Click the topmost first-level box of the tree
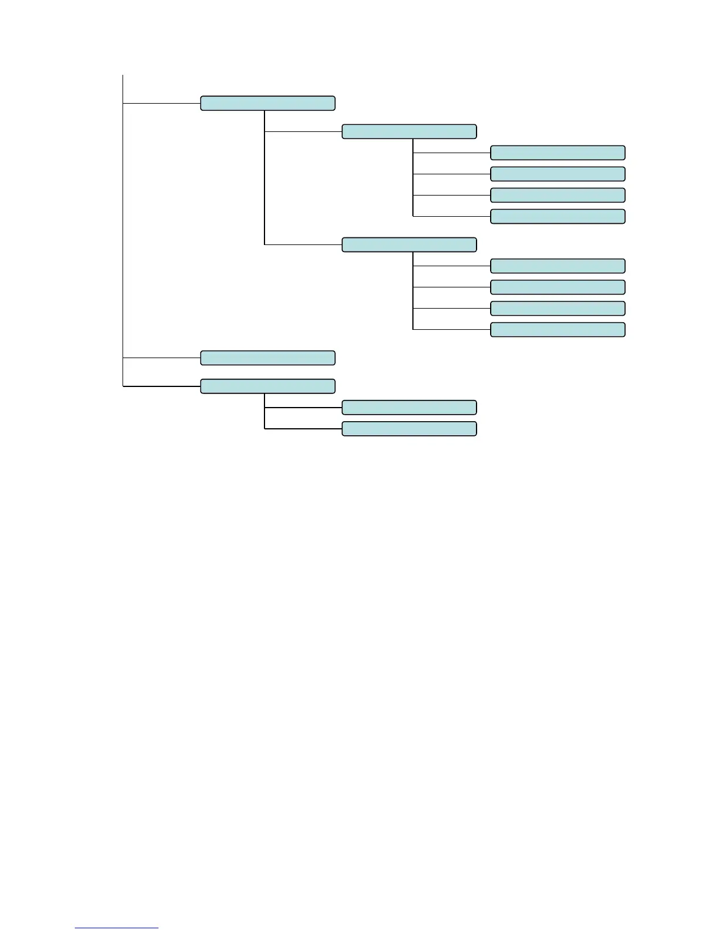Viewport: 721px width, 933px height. tap(267, 103)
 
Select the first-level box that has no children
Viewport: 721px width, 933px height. tap(267, 358)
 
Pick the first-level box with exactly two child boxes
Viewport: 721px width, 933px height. tap(267, 386)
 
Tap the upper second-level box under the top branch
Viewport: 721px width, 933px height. tap(409, 131)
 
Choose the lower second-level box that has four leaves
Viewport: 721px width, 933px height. tap(409, 244)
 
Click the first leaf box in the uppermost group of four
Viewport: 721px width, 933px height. tap(557, 153)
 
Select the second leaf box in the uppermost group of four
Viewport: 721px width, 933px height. tap(557, 174)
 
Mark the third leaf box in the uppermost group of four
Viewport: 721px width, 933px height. tap(557, 195)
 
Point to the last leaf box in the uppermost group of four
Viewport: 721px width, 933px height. tap(557, 216)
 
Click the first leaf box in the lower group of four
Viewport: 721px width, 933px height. tap(557, 266)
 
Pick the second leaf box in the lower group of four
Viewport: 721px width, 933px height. tap(557, 287)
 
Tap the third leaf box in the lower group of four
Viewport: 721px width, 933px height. tap(557, 308)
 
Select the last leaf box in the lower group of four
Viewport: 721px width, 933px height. tap(557, 329)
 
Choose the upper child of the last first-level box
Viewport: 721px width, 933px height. tap(409, 407)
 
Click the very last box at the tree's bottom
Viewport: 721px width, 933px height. tap(409, 428)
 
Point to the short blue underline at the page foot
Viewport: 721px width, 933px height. tap(117, 928)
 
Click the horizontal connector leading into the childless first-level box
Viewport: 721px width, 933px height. tap(162, 358)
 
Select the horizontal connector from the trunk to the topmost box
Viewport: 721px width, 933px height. tap(162, 103)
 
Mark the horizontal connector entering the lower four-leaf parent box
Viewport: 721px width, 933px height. tap(303, 244)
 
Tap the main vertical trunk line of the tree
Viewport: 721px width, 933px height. tap(123, 236)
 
